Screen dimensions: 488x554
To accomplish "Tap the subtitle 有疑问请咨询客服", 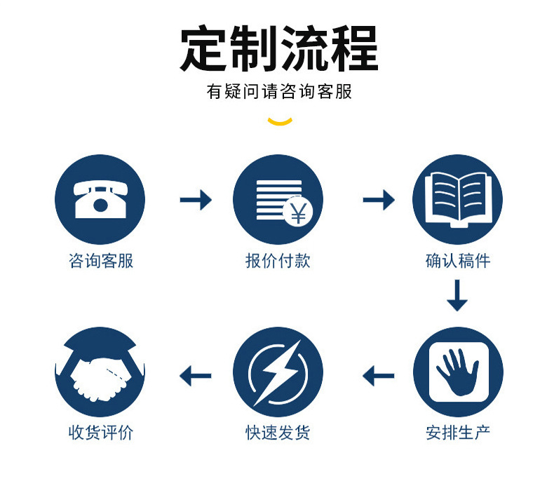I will click(279, 92).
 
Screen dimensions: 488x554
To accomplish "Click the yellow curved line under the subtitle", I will click(280, 122).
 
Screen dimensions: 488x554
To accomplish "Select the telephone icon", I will click(100, 199).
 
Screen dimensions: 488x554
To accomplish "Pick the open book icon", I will click(457, 199).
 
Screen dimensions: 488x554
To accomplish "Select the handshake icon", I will click(100, 372).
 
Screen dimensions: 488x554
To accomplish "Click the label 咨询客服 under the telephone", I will click(101, 262).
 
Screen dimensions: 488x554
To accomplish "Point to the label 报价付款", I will click(278, 262).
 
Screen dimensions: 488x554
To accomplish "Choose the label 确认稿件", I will click(458, 262).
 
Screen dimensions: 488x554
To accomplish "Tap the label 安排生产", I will click(458, 433).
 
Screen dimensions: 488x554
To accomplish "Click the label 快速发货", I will click(278, 433).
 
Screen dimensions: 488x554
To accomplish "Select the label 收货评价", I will click(101, 433).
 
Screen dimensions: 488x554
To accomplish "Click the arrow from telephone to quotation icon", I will click(196, 201).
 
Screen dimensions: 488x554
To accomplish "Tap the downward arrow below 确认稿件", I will click(457, 295).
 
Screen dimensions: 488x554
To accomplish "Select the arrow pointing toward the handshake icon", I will click(196, 377).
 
